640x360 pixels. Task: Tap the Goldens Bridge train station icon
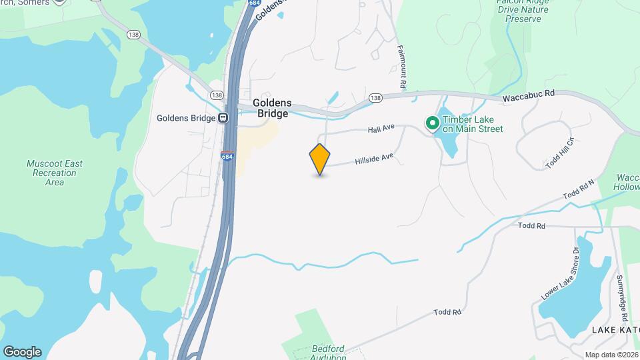(223, 118)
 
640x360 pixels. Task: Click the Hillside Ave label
(375, 159)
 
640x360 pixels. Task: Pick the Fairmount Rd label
(402, 67)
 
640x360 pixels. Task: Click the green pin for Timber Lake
(432, 123)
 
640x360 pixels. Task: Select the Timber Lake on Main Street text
(472, 124)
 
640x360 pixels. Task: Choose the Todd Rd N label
(578, 189)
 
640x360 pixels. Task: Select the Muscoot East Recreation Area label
(55, 173)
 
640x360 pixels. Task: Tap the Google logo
(21, 352)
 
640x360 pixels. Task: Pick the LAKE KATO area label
(615, 331)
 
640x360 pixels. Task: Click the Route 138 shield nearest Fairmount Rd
(375, 98)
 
